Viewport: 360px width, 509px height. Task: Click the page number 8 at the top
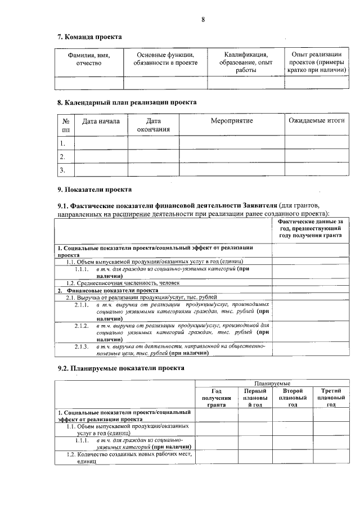pyautogui.click(x=202, y=20)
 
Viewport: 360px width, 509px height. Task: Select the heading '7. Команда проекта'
pyautogui.click(x=89, y=37)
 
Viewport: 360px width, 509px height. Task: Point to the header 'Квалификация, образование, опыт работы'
pyautogui.click(x=246, y=62)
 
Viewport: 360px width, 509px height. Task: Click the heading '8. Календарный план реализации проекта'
pyautogui.click(x=127, y=103)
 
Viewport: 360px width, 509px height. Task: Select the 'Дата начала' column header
pyautogui.click(x=101, y=121)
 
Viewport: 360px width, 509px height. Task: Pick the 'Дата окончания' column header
pyautogui.click(x=153, y=125)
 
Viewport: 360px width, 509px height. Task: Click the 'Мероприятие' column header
pyautogui.click(x=232, y=121)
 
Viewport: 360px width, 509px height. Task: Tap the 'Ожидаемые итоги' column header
pyautogui.click(x=316, y=121)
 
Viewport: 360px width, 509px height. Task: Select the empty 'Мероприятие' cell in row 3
pyautogui.click(x=232, y=169)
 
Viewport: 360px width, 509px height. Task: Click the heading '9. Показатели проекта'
pyautogui.click(x=94, y=190)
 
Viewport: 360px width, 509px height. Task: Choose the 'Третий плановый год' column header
pyautogui.click(x=330, y=398)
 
